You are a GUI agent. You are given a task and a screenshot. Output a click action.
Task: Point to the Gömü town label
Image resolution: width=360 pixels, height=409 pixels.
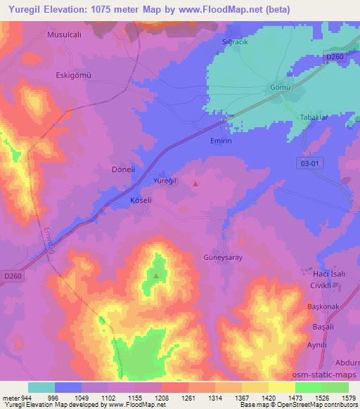click(x=279, y=88)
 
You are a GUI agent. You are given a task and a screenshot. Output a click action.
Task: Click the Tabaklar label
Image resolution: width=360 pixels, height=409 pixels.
click(x=314, y=117)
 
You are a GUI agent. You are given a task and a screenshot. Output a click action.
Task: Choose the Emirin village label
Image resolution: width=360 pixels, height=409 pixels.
click(x=221, y=141)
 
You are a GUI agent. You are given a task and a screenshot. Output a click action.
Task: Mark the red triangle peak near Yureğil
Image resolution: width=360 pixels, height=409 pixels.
click(x=195, y=184)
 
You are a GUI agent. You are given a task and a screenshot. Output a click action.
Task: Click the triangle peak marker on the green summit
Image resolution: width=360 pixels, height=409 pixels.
click(x=155, y=275)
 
